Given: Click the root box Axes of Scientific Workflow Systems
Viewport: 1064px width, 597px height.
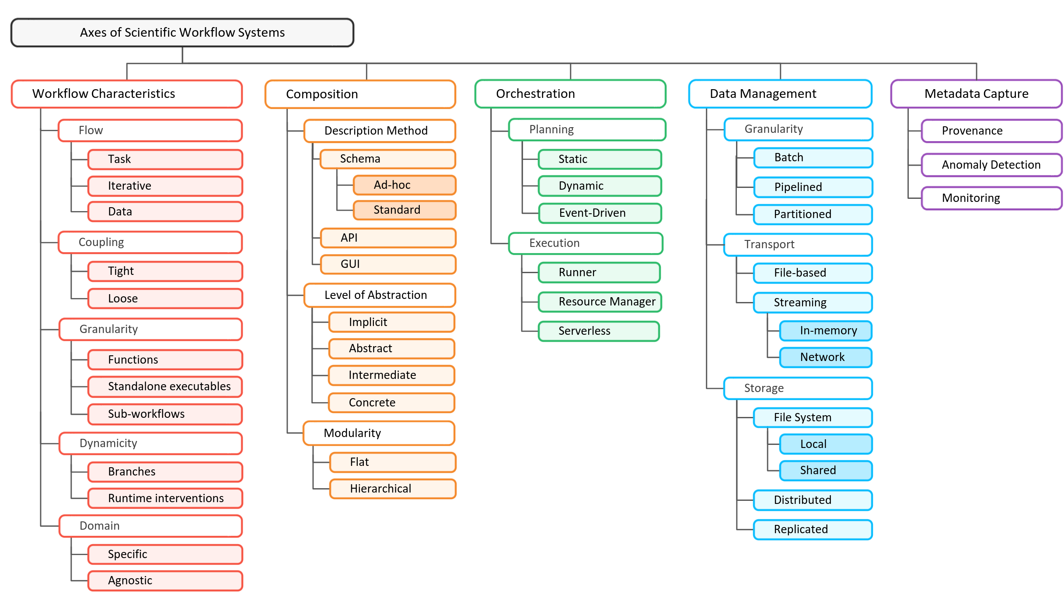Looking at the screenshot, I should click(182, 33).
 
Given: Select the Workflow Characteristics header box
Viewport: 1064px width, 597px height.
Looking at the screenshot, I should click(127, 94).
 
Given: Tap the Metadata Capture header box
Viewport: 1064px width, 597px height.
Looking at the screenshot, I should click(976, 94).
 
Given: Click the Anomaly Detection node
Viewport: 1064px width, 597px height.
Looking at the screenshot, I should click(991, 165).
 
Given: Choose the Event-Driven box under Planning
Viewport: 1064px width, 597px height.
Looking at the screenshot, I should click(600, 213).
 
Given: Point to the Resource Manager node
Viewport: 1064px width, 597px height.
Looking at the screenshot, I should click(600, 302).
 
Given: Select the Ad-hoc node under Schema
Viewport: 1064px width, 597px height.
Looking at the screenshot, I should click(404, 185).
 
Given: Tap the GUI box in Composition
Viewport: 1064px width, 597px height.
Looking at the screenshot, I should click(388, 264).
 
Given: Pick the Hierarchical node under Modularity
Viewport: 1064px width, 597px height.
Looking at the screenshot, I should click(392, 489).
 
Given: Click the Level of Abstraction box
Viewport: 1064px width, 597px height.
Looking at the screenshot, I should click(379, 295).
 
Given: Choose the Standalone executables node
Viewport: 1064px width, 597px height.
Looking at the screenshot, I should click(165, 387).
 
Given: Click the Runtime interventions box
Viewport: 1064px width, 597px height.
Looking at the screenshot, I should click(165, 499).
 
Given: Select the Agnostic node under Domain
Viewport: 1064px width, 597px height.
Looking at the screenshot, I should click(165, 581).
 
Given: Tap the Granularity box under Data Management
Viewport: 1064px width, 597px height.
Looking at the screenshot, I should click(798, 129).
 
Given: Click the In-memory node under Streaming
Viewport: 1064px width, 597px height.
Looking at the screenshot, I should click(825, 331).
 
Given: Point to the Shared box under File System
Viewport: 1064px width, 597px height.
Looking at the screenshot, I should click(825, 471).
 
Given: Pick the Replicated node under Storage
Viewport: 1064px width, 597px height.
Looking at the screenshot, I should click(813, 530).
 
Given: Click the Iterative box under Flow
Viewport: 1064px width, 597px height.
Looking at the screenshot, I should click(165, 186).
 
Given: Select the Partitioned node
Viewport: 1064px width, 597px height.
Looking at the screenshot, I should click(813, 215).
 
